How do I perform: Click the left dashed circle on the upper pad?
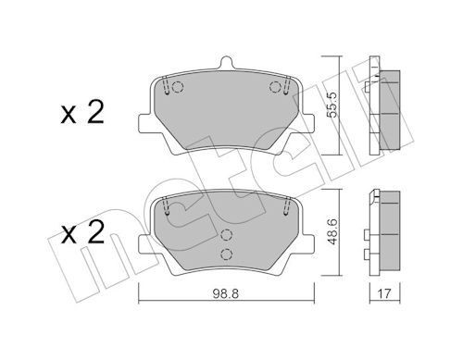pos(179,90)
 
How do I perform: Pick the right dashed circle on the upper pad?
pos(274,88)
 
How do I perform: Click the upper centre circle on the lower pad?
pos(224,235)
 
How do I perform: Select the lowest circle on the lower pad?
pos(224,254)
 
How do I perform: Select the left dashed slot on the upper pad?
pos(164,88)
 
